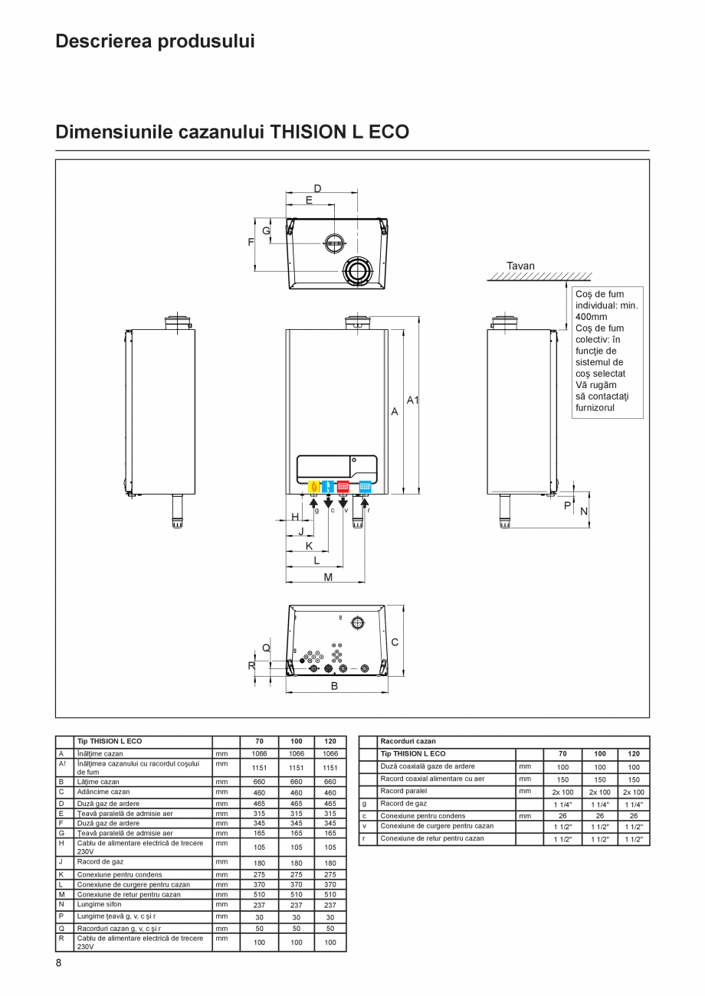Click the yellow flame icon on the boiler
[x=313, y=486]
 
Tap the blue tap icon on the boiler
[x=328, y=486]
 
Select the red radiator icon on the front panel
[x=343, y=486]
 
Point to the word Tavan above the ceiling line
[x=520, y=266]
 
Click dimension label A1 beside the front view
[x=413, y=400]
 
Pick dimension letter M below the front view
[x=328, y=577]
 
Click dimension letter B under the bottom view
[x=334, y=686]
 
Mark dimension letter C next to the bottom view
[x=395, y=642]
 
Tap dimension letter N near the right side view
[x=584, y=511]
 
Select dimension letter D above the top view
[x=317, y=188]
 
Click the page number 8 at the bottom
[x=58, y=963]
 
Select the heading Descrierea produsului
[x=155, y=41]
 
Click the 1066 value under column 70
[x=259, y=754]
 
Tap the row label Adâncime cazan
[x=103, y=792]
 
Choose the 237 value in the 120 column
[x=330, y=905]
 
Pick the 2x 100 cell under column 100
[x=600, y=792]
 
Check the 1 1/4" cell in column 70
[x=562, y=805]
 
